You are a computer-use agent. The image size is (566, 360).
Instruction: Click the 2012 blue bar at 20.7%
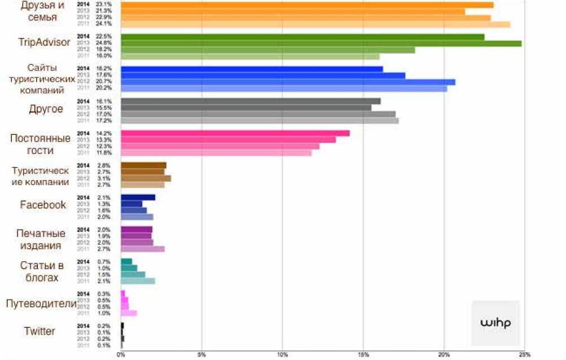coord(288,82)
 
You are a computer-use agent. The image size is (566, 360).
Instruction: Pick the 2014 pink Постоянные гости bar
coord(235,134)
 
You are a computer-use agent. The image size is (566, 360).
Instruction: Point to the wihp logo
coord(495,323)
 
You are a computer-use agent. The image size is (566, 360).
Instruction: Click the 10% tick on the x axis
coord(282,355)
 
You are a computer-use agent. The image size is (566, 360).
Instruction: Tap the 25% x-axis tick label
coord(524,355)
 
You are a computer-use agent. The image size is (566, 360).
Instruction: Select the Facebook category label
coord(43,205)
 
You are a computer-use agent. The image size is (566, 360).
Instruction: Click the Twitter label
coord(40,331)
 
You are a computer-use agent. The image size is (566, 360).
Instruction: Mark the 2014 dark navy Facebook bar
coord(138,197)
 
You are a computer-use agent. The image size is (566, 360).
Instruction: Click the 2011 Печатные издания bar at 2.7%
coord(142,249)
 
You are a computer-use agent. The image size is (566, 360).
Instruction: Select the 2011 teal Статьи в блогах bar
coord(138,281)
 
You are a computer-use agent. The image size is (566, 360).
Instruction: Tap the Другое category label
coord(46,109)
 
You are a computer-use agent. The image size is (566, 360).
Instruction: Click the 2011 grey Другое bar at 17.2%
coord(260,121)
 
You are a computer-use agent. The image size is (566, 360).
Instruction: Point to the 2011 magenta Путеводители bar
coord(129,313)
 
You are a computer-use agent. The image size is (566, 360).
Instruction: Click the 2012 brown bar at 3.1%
coord(146,178)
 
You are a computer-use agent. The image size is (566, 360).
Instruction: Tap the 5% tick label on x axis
coord(201,355)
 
